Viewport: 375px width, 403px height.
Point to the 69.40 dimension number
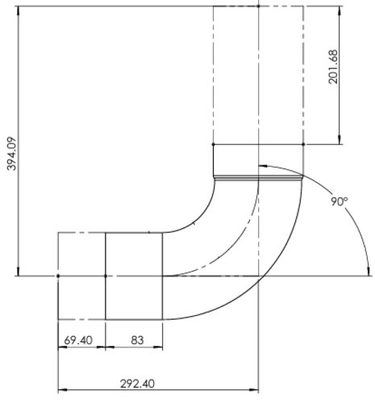81,340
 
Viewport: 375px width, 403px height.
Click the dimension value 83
135,340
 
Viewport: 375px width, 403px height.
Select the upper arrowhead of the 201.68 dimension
345,10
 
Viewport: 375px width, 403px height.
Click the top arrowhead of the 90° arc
264,168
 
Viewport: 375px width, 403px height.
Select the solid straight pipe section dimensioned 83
135,276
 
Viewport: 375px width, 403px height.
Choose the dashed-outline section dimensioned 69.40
81,276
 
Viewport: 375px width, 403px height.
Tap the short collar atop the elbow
258,160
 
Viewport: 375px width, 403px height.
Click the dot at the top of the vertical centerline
258,6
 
